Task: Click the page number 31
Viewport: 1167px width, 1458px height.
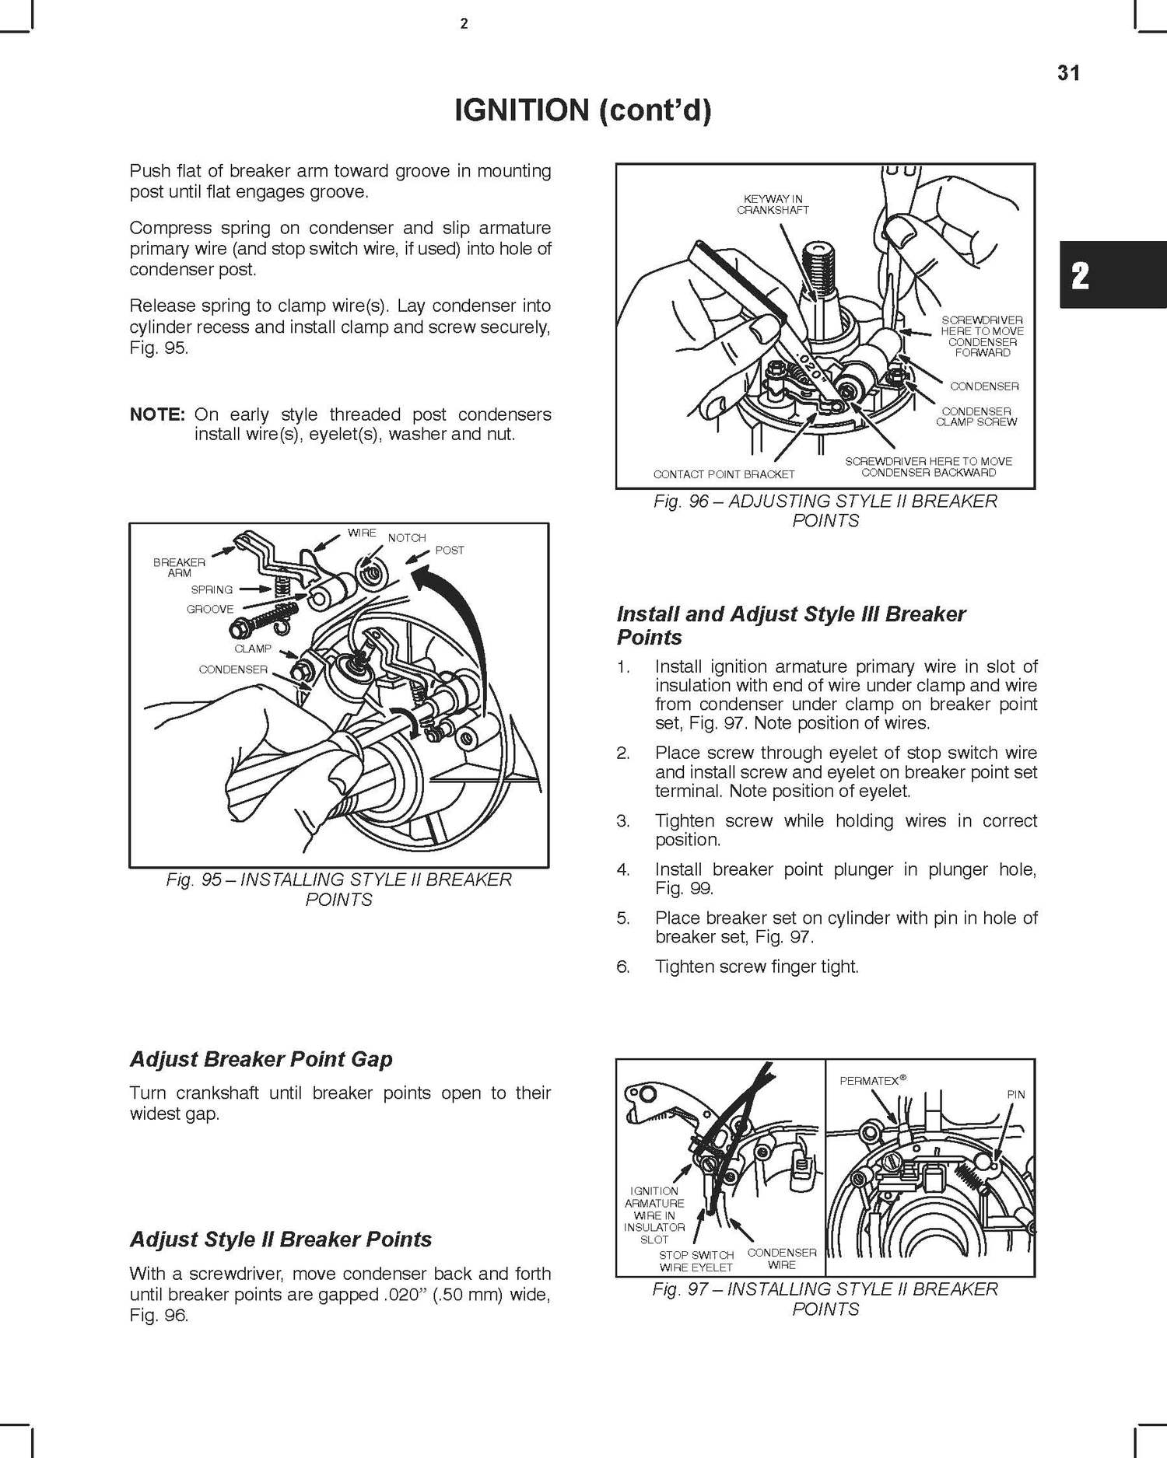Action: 1068,73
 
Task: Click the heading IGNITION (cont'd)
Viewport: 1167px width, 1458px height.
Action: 583,111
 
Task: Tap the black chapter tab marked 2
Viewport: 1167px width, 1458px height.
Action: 1080,276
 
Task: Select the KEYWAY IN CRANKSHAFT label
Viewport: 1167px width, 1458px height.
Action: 773,205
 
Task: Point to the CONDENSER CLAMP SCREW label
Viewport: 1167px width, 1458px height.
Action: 976,417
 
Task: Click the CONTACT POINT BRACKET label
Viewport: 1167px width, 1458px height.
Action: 724,474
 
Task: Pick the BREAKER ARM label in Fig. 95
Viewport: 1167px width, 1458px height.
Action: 179,567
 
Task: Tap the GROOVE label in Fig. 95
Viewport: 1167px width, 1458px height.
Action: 210,610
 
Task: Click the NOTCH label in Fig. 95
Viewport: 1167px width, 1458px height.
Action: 407,538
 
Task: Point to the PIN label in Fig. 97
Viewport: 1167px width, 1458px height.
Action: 1016,1094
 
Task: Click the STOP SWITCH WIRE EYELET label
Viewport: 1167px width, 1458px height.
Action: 696,1261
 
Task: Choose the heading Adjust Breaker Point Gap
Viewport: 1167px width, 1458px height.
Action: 261,1059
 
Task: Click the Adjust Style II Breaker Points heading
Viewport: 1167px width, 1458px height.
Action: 280,1239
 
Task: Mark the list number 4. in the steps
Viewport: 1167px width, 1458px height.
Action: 622,869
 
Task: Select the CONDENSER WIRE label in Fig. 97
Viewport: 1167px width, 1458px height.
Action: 781,1258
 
